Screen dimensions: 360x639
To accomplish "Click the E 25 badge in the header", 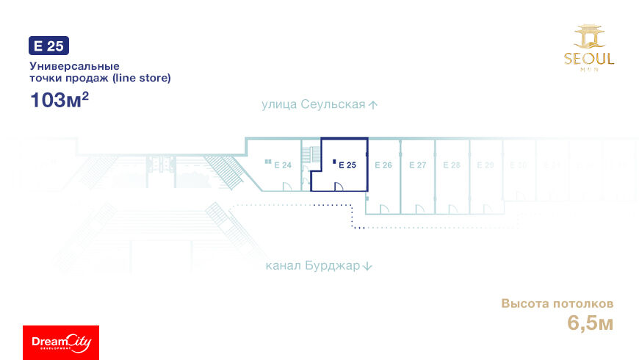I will (x=48, y=46).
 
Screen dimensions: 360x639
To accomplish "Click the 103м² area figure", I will (x=59, y=100).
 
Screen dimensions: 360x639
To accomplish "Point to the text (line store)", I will (x=141, y=78).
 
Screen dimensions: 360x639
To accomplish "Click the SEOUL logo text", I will (x=589, y=59).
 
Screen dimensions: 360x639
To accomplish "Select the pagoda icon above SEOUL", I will (x=589, y=37).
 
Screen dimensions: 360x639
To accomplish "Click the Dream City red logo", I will (x=61, y=342).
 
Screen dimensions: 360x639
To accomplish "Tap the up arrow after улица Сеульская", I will (x=373, y=105).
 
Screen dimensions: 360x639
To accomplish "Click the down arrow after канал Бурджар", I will (x=368, y=267).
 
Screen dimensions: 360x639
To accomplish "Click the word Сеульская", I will (x=333, y=104).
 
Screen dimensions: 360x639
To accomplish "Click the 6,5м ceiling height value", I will (x=590, y=322).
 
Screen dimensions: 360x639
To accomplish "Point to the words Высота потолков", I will (x=557, y=303).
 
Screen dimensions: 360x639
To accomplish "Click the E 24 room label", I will (x=283, y=165).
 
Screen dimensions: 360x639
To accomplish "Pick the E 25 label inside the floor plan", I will (x=347, y=165).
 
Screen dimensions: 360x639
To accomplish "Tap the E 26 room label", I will (x=383, y=165).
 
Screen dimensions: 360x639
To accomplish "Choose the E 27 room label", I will (x=417, y=165).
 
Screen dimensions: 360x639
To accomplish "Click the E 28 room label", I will (x=452, y=165).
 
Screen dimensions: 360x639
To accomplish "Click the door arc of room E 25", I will (x=340, y=187).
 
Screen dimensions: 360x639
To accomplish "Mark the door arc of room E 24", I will (x=287, y=187).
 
